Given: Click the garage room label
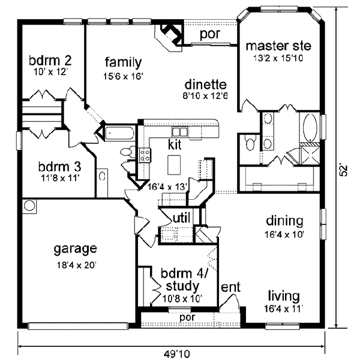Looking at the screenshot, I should coord(74,249).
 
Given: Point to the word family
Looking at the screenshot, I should coord(123,62).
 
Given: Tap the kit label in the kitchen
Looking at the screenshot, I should coord(174,145).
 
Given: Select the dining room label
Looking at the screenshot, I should coord(284,220).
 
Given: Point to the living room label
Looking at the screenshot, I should coord(283,296).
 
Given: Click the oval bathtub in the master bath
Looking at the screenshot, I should coord(310,128).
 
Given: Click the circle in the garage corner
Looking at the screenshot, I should coord(29,206).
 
